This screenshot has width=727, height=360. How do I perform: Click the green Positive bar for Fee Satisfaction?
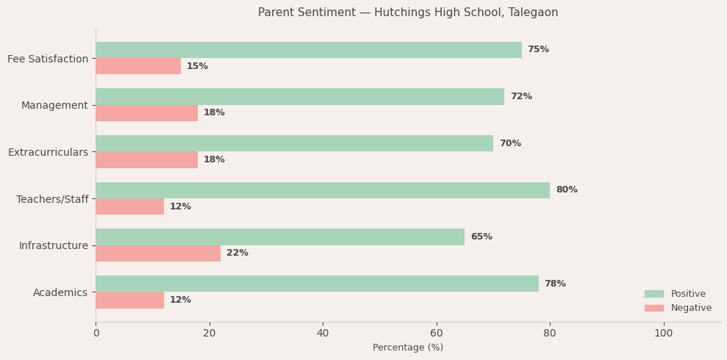click(309, 50)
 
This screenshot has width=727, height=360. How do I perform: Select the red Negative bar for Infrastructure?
click(158, 253)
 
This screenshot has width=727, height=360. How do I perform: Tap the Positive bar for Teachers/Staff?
click(323, 190)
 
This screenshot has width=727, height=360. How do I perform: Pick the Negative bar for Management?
click(146, 113)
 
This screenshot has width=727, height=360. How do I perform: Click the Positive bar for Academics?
click(317, 284)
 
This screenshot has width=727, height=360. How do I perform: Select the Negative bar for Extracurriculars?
click(146, 160)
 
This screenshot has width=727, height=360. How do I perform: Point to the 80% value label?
click(567, 190)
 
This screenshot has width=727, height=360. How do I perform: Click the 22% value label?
click(237, 253)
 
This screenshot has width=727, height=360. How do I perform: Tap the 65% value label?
click(481, 237)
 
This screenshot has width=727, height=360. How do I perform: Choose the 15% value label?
click(197, 67)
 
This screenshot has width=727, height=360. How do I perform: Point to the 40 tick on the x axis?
click(323, 334)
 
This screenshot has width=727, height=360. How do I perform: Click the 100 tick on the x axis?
click(663, 334)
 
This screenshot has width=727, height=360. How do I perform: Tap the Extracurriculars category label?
click(48, 152)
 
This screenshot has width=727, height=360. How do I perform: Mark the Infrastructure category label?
click(53, 245)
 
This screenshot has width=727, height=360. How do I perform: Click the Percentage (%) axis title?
click(408, 348)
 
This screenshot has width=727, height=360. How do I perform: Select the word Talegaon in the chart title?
click(531, 12)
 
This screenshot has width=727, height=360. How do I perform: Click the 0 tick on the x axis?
click(96, 334)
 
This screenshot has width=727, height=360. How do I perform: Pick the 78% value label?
click(555, 284)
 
